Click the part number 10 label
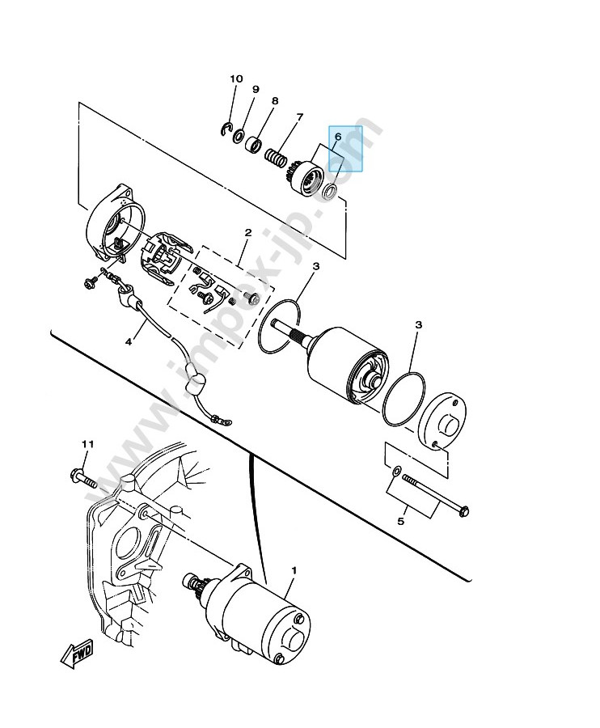click(236, 79)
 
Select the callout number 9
click(256, 89)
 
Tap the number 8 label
click(275, 101)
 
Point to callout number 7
click(300, 116)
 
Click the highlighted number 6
click(338, 137)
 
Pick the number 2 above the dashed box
click(248, 233)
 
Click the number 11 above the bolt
click(87, 444)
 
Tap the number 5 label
click(401, 521)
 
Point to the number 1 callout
click(294, 569)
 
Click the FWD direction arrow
click(77, 654)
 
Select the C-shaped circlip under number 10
click(226, 129)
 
